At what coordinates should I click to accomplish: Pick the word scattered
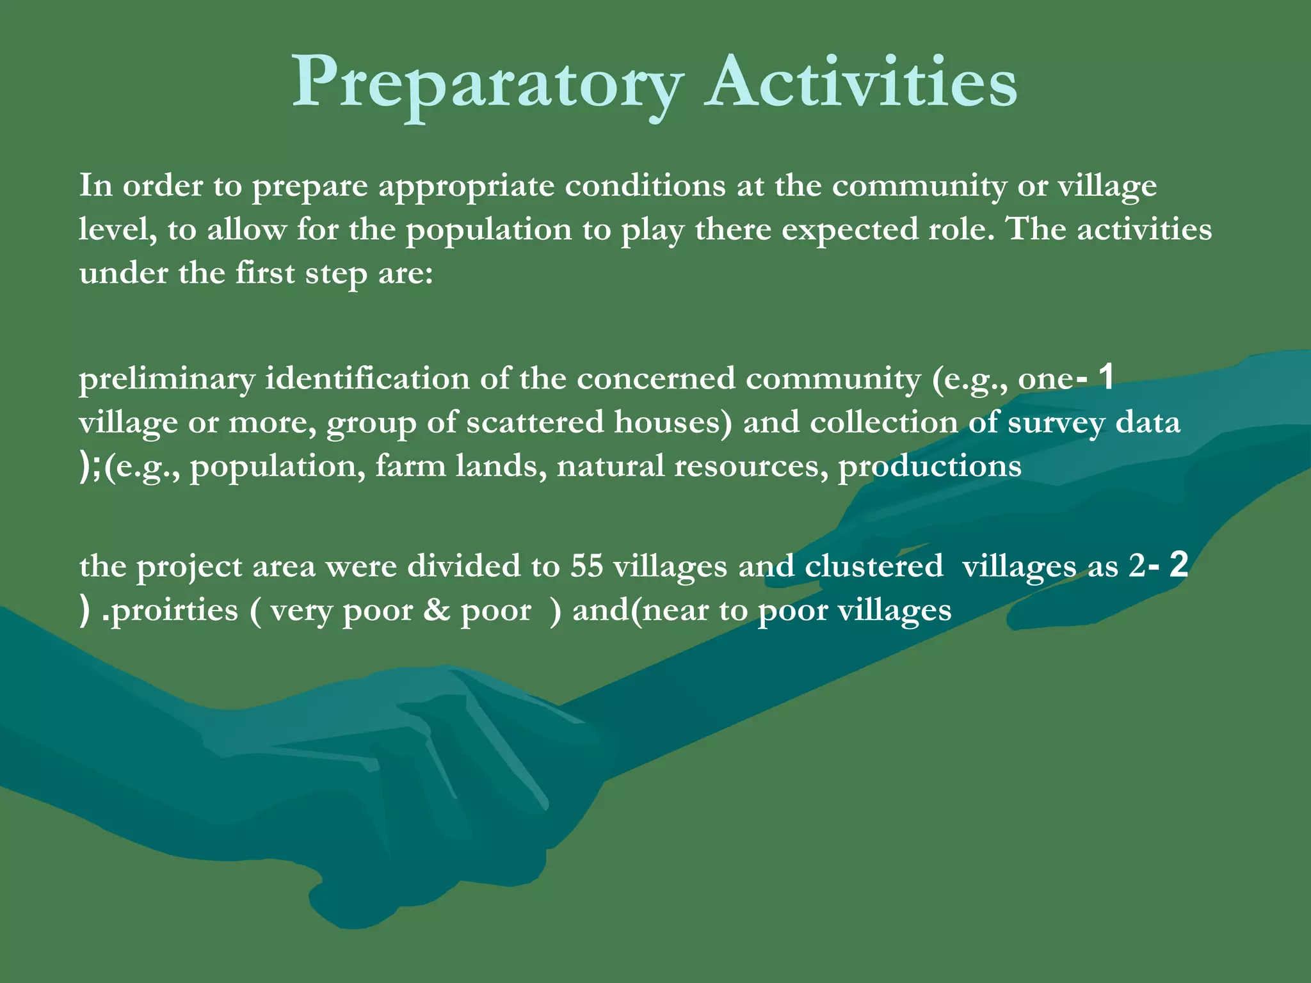[535, 422]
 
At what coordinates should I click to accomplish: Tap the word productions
[929, 467]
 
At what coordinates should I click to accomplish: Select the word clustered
[873, 566]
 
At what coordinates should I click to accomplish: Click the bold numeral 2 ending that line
[1178, 564]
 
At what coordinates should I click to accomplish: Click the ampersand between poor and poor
[437, 610]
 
